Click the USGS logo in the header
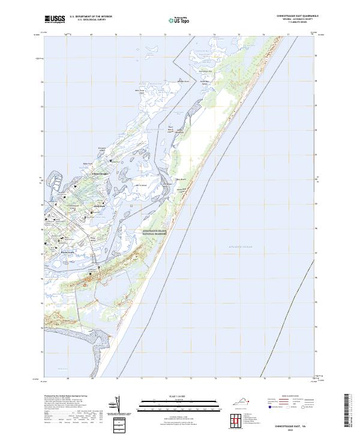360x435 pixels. pyautogui.click(x=55, y=20)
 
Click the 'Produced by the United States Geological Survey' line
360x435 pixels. pyautogui.click(x=64, y=397)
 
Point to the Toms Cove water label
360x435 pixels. pyautogui.click(x=63, y=367)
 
